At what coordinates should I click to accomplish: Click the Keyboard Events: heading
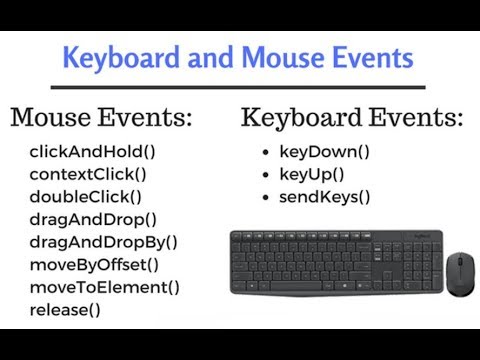click(x=351, y=118)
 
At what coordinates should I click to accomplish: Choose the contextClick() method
click(x=87, y=175)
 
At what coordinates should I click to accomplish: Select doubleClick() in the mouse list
click(x=85, y=197)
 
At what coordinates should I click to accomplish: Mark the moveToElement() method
click(x=104, y=287)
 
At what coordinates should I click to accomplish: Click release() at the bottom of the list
click(x=65, y=309)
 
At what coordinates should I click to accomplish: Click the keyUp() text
click(x=314, y=175)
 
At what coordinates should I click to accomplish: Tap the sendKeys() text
click(x=324, y=197)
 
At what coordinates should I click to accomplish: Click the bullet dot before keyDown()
click(x=263, y=154)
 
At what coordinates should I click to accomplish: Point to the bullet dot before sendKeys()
click(x=263, y=198)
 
